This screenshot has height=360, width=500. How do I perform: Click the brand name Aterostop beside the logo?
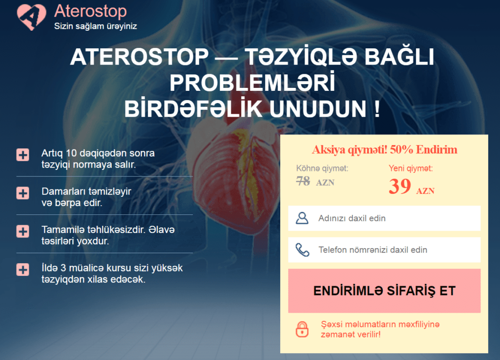(90, 11)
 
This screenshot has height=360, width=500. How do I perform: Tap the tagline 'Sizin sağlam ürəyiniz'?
(95, 26)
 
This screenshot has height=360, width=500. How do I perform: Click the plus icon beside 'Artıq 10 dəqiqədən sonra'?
(23, 155)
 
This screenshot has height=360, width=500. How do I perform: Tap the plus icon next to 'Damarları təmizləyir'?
(23, 193)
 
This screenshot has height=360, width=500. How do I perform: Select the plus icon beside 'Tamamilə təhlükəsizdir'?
(23, 231)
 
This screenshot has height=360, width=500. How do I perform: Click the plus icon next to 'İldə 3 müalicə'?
(23, 270)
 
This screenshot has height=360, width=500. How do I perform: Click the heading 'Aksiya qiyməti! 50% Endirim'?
(384, 149)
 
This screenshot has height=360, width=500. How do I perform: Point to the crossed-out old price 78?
(303, 181)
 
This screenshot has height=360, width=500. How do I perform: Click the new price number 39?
(399, 187)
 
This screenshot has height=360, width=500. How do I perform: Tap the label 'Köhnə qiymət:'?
(322, 169)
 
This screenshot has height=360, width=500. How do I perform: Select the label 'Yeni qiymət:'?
(411, 169)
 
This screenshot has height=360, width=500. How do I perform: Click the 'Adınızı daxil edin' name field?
(384, 218)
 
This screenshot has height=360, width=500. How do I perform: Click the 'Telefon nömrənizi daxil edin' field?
(384, 250)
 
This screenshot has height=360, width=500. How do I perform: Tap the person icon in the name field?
(302, 218)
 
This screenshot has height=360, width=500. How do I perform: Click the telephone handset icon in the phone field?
(302, 250)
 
